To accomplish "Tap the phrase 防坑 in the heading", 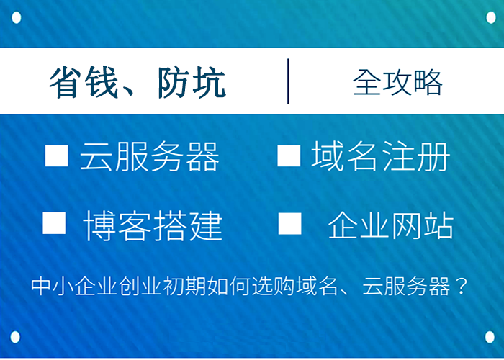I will tap(191, 84).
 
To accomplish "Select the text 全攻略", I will tap(397, 84).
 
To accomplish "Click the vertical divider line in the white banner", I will tap(288, 81).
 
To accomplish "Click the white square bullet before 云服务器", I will tap(56, 156).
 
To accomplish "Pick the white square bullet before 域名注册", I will tap(288, 156).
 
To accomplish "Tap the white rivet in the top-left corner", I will tap(17, 17).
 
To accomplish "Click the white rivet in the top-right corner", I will tap(490, 17).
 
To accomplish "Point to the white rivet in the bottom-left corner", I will tap(17, 337).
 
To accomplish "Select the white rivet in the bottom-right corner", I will tap(490, 337).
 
